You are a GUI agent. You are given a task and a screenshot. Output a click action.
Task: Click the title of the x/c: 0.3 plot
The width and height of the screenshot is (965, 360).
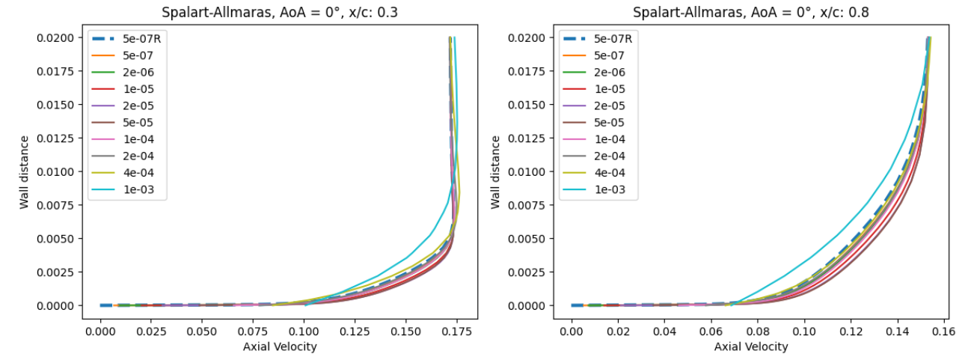coord(279,12)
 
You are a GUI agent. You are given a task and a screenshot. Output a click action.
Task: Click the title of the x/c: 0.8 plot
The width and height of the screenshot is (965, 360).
coord(750,12)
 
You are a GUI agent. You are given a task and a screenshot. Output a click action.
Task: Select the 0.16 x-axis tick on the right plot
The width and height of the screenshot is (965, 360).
coord(940,330)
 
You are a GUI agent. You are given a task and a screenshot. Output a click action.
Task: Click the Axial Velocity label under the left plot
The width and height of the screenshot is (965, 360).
coord(279,347)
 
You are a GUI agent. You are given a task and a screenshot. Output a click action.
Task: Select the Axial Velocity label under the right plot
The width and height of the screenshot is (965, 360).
coord(750,347)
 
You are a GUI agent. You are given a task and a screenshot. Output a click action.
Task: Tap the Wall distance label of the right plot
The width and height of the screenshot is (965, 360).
coord(497,171)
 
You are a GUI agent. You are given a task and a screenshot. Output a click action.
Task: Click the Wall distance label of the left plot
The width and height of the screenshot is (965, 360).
coord(25,171)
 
